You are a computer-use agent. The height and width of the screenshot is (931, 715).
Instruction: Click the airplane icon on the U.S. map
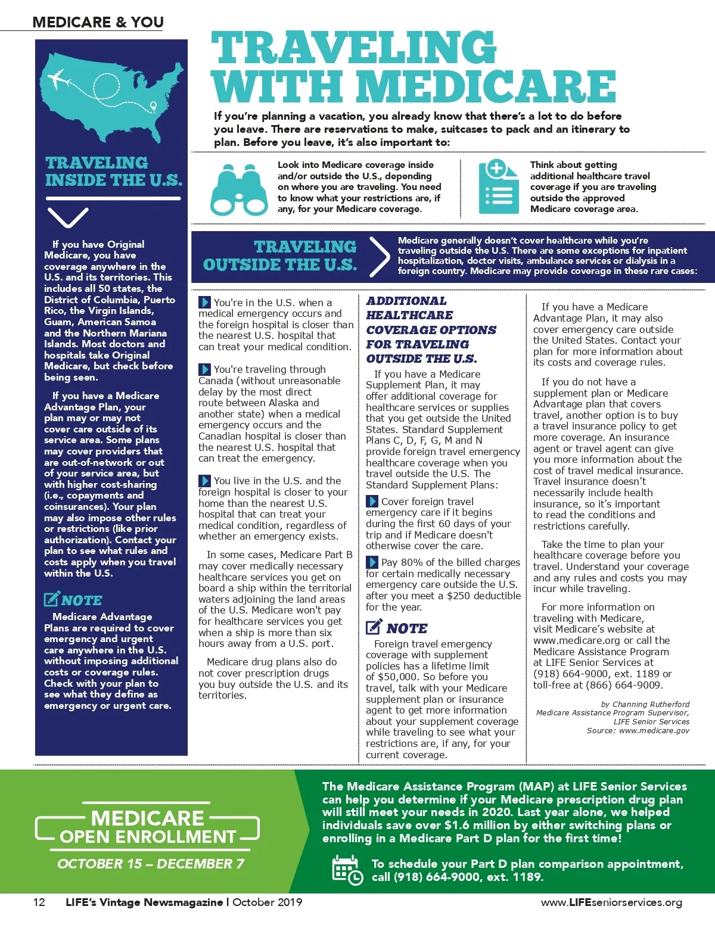click(57, 78)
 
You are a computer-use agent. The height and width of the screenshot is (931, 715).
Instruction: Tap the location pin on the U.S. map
click(154, 107)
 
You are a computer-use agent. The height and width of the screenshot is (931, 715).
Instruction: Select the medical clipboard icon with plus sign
click(498, 186)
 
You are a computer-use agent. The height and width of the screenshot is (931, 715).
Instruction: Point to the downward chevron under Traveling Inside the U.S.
click(67, 217)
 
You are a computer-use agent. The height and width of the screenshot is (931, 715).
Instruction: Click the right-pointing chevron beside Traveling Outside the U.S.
click(378, 257)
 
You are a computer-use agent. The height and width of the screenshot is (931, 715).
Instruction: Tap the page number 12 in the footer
click(39, 902)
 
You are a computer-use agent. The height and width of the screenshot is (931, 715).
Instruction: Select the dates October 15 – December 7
click(151, 864)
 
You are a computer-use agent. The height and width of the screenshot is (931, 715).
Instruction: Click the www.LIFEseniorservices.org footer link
click(611, 902)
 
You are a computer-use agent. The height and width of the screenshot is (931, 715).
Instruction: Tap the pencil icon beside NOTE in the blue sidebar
click(51, 599)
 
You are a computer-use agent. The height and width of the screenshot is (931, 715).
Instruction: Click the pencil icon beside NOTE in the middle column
click(374, 627)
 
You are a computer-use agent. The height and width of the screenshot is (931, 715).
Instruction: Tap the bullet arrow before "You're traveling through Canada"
click(204, 369)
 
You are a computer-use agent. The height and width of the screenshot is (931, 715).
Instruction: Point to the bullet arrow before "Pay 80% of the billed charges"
click(372, 562)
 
